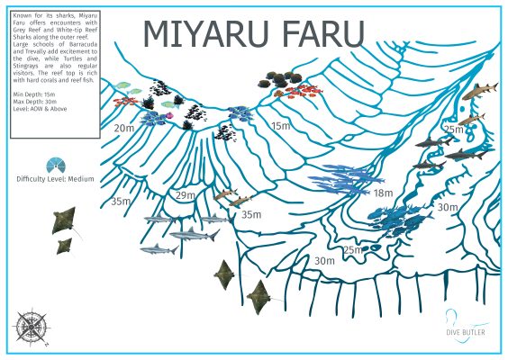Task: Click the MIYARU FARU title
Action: (x=254, y=32)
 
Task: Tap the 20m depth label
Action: (x=124, y=129)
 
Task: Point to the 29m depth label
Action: (x=186, y=195)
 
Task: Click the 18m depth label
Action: (x=384, y=193)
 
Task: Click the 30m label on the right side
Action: (x=448, y=207)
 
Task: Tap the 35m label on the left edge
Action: (x=121, y=201)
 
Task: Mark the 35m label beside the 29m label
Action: (x=250, y=214)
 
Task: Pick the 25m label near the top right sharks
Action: (x=453, y=130)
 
